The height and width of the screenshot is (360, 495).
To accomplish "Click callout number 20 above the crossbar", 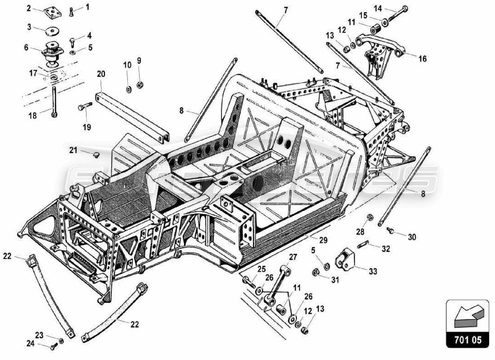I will (101, 74).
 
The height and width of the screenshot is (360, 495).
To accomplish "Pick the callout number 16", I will (422, 59).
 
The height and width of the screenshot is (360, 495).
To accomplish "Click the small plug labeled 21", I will (96, 155).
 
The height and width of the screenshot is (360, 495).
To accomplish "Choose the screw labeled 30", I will (390, 230).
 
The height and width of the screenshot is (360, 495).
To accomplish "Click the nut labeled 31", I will (316, 272).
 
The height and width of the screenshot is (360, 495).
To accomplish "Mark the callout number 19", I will (86, 127).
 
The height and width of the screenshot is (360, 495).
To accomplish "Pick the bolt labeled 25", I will (249, 281).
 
